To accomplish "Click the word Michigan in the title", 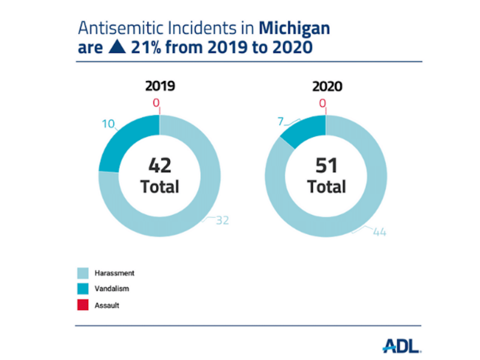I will pos(295,28).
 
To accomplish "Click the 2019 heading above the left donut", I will pos(160,86).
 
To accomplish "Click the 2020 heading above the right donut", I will pos(327,86).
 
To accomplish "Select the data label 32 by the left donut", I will pos(222,221).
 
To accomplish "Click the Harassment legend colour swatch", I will pos(83,273).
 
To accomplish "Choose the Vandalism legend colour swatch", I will pos(83,289).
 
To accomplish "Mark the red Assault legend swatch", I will pos(83,305).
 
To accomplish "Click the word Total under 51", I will pos(326,187).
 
